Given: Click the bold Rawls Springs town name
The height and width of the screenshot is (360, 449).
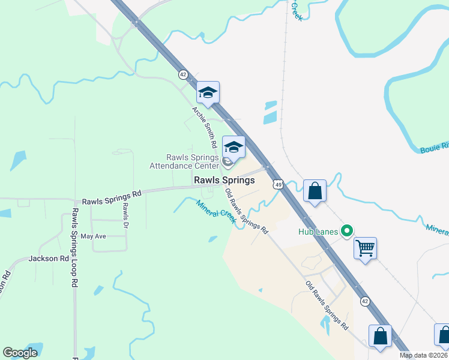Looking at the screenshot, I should coord(224,180).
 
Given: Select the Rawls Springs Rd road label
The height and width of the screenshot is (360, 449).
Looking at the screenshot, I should coord(112,194).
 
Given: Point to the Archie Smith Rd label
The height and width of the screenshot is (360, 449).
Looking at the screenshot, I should coord(203,127).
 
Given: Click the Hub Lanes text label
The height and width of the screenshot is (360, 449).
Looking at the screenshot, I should coord(319,230).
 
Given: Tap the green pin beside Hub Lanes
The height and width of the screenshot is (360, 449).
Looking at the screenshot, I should coord(346,230).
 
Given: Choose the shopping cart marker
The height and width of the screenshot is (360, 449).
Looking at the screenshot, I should coord(366,247).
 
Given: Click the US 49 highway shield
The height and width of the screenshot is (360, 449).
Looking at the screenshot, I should coord(277,185).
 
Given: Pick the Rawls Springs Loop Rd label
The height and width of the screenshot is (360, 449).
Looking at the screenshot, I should coord(75,247).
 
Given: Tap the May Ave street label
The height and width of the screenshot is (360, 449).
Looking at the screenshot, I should coord(93,236).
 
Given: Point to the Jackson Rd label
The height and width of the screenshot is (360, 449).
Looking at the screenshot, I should coord(49,259).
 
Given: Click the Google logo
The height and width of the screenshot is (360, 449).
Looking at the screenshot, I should coord(20,353).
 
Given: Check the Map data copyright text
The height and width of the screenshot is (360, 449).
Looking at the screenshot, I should coord(424,355).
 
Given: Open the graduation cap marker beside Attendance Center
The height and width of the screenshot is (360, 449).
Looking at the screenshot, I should coord(234,147).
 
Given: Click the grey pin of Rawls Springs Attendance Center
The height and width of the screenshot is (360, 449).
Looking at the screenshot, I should coord(228,162).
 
